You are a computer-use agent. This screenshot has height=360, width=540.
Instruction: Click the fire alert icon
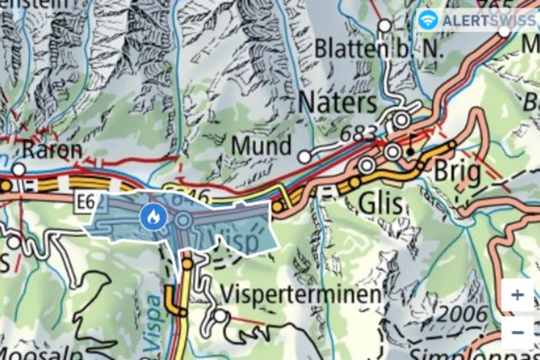[152, 217]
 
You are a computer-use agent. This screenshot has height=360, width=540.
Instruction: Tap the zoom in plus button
[518, 295]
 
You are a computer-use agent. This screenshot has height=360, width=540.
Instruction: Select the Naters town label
[338, 101]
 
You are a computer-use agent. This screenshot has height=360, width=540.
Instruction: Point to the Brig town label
[457, 174]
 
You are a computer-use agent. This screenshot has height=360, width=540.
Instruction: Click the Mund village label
[262, 145]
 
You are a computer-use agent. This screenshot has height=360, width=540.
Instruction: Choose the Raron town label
[52, 149]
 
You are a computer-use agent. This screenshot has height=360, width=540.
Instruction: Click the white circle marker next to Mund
[304, 156]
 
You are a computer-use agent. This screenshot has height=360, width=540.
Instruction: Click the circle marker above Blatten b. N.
[385, 26]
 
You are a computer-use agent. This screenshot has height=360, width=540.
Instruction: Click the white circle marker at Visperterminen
[221, 314]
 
